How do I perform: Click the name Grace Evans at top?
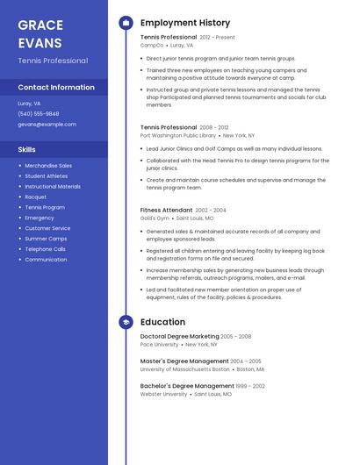point(40,33)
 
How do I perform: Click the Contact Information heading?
point(56,87)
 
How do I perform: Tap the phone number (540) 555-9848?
point(39,113)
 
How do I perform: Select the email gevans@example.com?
point(41,125)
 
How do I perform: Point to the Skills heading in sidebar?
point(27,150)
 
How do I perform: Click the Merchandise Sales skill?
point(48,165)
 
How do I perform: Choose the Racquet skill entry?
point(36,197)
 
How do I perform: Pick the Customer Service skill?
point(47,228)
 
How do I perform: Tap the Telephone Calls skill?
point(45,249)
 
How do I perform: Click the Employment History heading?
point(185,23)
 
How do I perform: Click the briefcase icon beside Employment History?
point(126,23)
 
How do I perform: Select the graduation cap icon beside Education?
point(126,322)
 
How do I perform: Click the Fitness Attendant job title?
point(166,211)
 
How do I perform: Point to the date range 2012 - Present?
point(218,38)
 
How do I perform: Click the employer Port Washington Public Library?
point(178,136)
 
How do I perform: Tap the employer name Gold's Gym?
point(155,218)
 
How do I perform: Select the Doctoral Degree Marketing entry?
point(180,336)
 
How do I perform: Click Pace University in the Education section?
point(159,345)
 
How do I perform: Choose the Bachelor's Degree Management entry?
point(187,386)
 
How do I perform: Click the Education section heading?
point(162,322)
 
